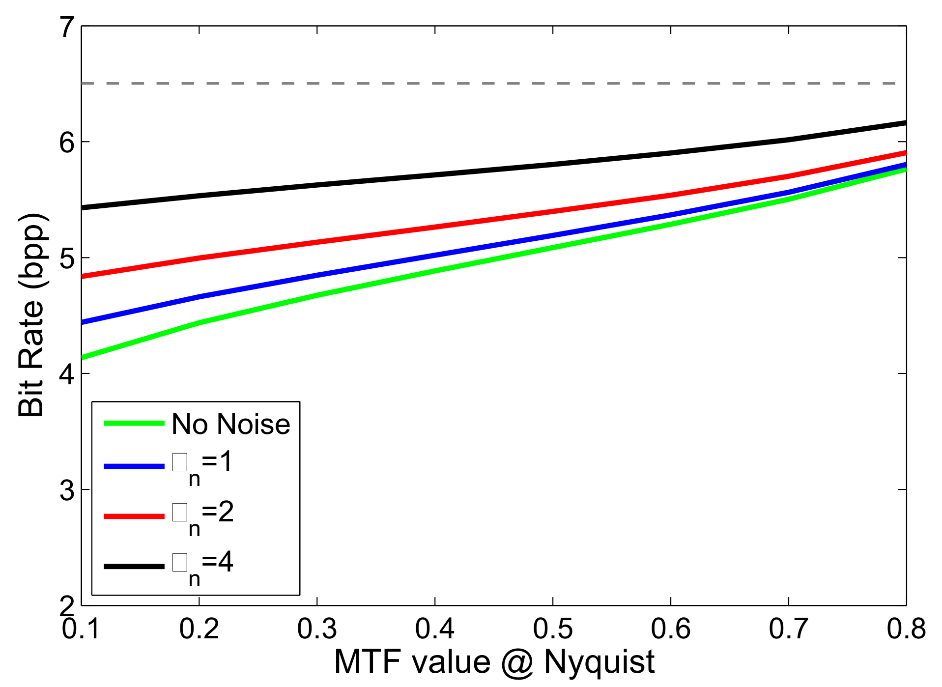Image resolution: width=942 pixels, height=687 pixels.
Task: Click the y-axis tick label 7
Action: click(x=67, y=28)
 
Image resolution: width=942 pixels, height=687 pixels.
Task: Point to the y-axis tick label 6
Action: click(x=67, y=143)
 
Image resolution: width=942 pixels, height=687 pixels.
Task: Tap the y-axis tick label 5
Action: click(x=67, y=258)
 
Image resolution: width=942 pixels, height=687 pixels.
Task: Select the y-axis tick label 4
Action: click(x=67, y=374)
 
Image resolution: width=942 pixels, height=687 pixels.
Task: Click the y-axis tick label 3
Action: click(x=67, y=490)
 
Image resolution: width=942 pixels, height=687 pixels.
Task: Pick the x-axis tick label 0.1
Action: click(x=81, y=629)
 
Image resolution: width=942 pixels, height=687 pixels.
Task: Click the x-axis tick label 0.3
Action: click(x=317, y=629)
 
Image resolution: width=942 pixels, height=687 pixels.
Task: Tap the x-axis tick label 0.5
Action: click(x=553, y=629)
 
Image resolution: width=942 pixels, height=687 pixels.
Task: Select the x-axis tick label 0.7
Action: click(x=789, y=629)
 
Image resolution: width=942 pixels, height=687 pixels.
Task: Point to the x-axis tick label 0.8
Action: click(x=906, y=629)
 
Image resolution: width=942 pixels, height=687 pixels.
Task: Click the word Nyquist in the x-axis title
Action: click(x=599, y=662)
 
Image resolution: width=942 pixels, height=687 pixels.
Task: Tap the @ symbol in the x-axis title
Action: click(x=517, y=662)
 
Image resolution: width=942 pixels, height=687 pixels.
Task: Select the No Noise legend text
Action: click(x=231, y=424)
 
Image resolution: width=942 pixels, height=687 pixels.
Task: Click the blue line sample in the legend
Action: click(x=134, y=466)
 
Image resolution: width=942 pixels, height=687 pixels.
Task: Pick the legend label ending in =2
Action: click(x=202, y=516)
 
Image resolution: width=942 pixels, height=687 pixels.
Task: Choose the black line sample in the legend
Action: click(x=134, y=566)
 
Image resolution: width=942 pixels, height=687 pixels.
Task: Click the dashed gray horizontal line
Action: click(x=491, y=84)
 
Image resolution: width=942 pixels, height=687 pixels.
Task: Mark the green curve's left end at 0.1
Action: click(x=83, y=357)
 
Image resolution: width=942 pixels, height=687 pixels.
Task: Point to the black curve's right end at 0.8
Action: click(x=905, y=123)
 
